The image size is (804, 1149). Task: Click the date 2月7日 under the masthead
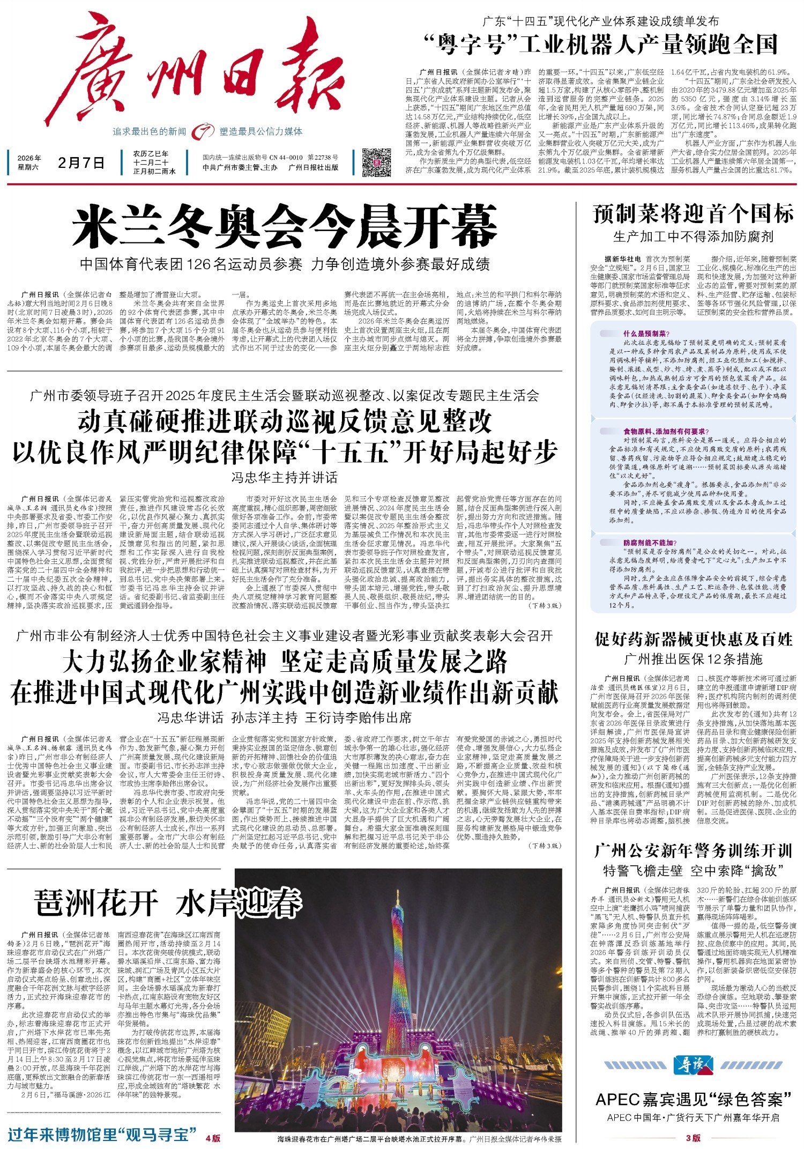coord(81,162)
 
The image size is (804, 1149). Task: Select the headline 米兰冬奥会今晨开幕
coord(285,227)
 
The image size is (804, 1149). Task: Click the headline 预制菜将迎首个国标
coord(693,214)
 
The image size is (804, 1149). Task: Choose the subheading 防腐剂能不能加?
coord(650,543)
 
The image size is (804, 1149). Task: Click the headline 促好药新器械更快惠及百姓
coord(693,639)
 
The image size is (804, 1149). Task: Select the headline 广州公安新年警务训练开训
coord(693,851)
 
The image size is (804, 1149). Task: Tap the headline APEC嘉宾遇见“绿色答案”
coord(693,1099)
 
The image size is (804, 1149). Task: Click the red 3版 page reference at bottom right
coord(693,1137)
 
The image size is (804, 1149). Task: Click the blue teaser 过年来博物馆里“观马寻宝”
coord(102,1135)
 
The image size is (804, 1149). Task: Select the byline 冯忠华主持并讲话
coord(284,477)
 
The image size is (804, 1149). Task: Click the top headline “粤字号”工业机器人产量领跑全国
coord(600,45)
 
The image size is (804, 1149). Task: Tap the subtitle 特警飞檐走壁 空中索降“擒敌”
coord(693,870)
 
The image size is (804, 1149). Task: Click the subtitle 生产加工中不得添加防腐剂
coord(693,236)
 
